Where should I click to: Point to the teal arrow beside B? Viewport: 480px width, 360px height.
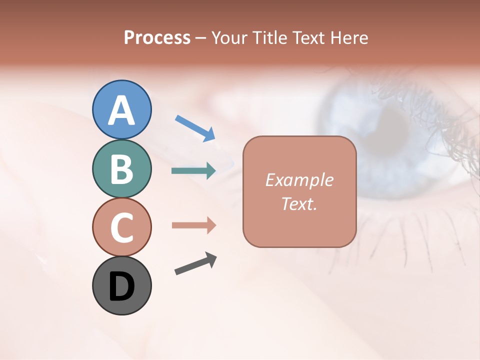(x=193, y=171)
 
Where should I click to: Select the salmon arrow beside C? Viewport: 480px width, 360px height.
(x=193, y=225)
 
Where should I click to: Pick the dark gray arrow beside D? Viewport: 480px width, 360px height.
(x=195, y=264)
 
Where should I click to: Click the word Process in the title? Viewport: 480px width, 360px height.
(x=157, y=37)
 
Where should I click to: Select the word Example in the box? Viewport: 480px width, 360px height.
(x=299, y=180)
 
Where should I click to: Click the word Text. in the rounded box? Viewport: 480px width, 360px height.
(x=299, y=203)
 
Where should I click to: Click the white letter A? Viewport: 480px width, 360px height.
(x=122, y=110)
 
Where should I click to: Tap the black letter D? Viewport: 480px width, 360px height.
(x=121, y=287)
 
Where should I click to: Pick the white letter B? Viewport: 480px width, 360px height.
(x=121, y=168)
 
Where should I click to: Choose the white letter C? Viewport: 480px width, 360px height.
(x=121, y=227)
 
